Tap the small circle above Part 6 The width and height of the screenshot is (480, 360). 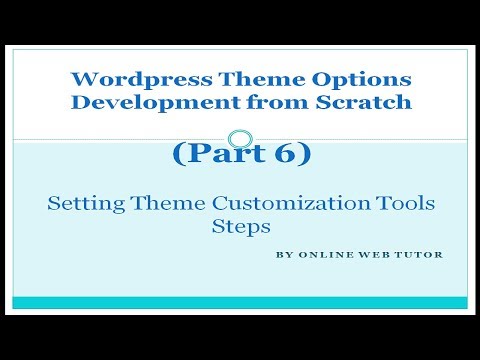point(239,139)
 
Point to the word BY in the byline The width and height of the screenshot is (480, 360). point(283,254)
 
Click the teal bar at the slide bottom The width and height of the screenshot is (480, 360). point(240,302)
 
